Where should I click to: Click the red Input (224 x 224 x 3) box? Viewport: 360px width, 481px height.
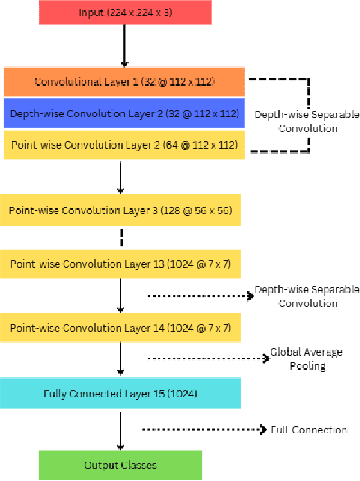pos(125,14)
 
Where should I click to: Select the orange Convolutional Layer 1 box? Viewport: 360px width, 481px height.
pos(124,82)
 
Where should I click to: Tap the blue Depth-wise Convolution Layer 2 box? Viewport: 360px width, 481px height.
pos(124,114)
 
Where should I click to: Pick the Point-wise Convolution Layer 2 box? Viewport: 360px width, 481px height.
pos(124,145)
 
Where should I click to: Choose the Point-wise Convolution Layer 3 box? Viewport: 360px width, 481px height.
pos(120,210)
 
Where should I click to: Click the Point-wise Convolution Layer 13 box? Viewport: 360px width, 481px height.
pos(120,264)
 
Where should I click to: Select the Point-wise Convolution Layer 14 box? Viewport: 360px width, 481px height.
pos(120,328)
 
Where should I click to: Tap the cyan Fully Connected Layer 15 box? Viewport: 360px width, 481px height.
pos(120,394)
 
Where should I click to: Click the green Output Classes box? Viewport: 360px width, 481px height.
pos(120,465)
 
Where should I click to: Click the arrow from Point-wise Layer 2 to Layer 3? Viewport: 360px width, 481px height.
pos(120,177)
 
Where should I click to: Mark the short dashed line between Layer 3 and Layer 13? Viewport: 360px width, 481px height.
pos(120,237)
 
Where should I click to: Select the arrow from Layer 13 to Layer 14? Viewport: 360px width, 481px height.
pos(120,296)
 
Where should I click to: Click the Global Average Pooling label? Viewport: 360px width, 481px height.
pos(306,359)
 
